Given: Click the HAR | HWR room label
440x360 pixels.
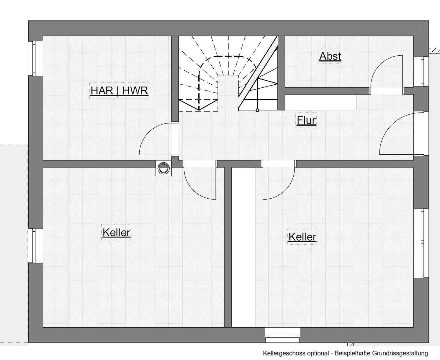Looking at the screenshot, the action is click(x=119, y=90).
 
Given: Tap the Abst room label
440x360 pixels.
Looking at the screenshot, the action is click(x=330, y=56).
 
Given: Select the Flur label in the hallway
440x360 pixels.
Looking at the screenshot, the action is click(x=306, y=120).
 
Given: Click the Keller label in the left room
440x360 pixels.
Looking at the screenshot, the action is click(x=116, y=232).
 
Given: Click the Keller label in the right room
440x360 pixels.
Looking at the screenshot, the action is click(x=302, y=237).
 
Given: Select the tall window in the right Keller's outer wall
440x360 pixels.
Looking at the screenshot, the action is click(x=421, y=243).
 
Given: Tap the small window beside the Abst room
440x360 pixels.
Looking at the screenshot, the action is click(x=421, y=71).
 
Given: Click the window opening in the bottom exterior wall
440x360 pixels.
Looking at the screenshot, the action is click(x=282, y=335).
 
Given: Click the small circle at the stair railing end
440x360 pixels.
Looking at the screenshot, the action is click(x=258, y=110).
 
